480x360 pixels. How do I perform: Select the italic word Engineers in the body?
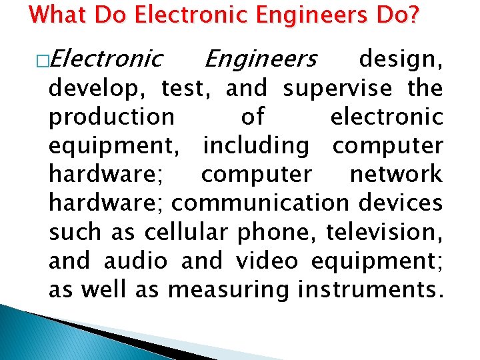(260, 59)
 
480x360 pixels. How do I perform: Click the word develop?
(99, 89)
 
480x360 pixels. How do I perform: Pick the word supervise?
(339, 88)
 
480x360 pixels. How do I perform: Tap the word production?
(112, 117)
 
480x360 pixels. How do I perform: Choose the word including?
(256, 146)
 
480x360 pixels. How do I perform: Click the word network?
(395, 175)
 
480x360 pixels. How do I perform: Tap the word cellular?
(183, 232)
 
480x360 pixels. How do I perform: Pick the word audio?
(135, 261)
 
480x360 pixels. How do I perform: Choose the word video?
(267, 261)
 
